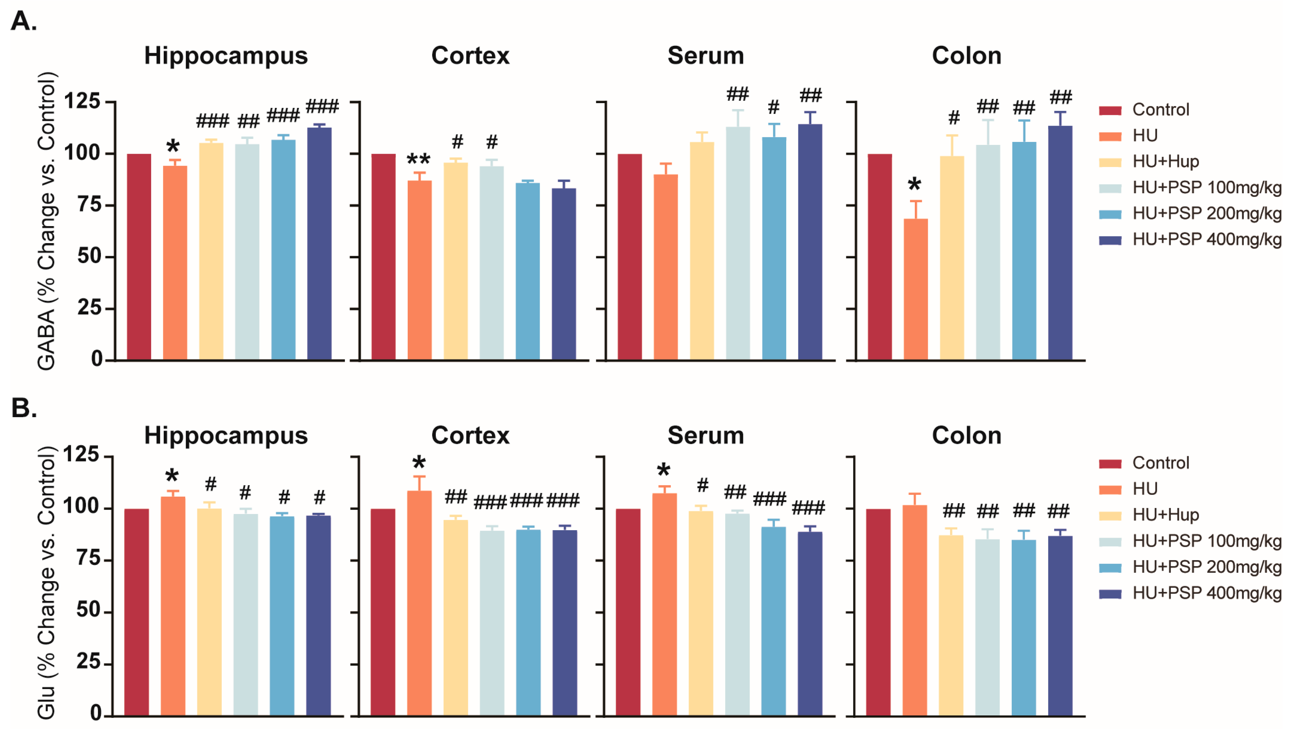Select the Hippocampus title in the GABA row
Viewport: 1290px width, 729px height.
pyautogui.click(x=226, y=55)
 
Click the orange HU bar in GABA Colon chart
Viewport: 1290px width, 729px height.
pyautogui.click(x=916, y=289)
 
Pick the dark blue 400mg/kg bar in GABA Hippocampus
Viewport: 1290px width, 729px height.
pyautogui.click(x=319, y=244)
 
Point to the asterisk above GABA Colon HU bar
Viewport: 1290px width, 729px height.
pyautogui.click(x=914, y=185)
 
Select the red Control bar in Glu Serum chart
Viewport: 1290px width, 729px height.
pyautogui.click(x=628, y=612)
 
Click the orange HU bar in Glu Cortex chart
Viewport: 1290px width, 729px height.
pyautogui.click(x=419, y=603)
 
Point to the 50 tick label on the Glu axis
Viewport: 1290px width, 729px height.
pyautogui.click(x=88, y=610)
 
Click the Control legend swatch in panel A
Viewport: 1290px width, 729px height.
pyautogui.click(x=1110, y=110)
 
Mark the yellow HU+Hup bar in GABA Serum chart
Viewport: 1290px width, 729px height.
pyautogui.click(x=702, y=251)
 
